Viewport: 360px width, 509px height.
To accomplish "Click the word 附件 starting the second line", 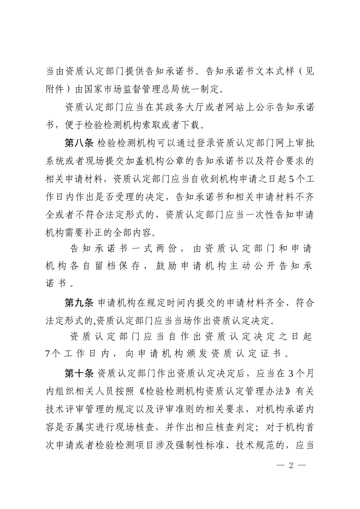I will pyautogui.click(x=55, y=89).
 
